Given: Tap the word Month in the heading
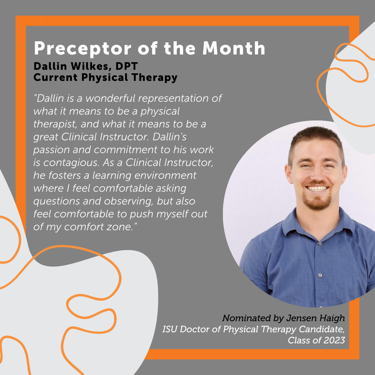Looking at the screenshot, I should [x=234, y=49].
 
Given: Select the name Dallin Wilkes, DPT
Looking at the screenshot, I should [x=86, y=66].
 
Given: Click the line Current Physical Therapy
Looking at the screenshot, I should [x=105, y=77].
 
